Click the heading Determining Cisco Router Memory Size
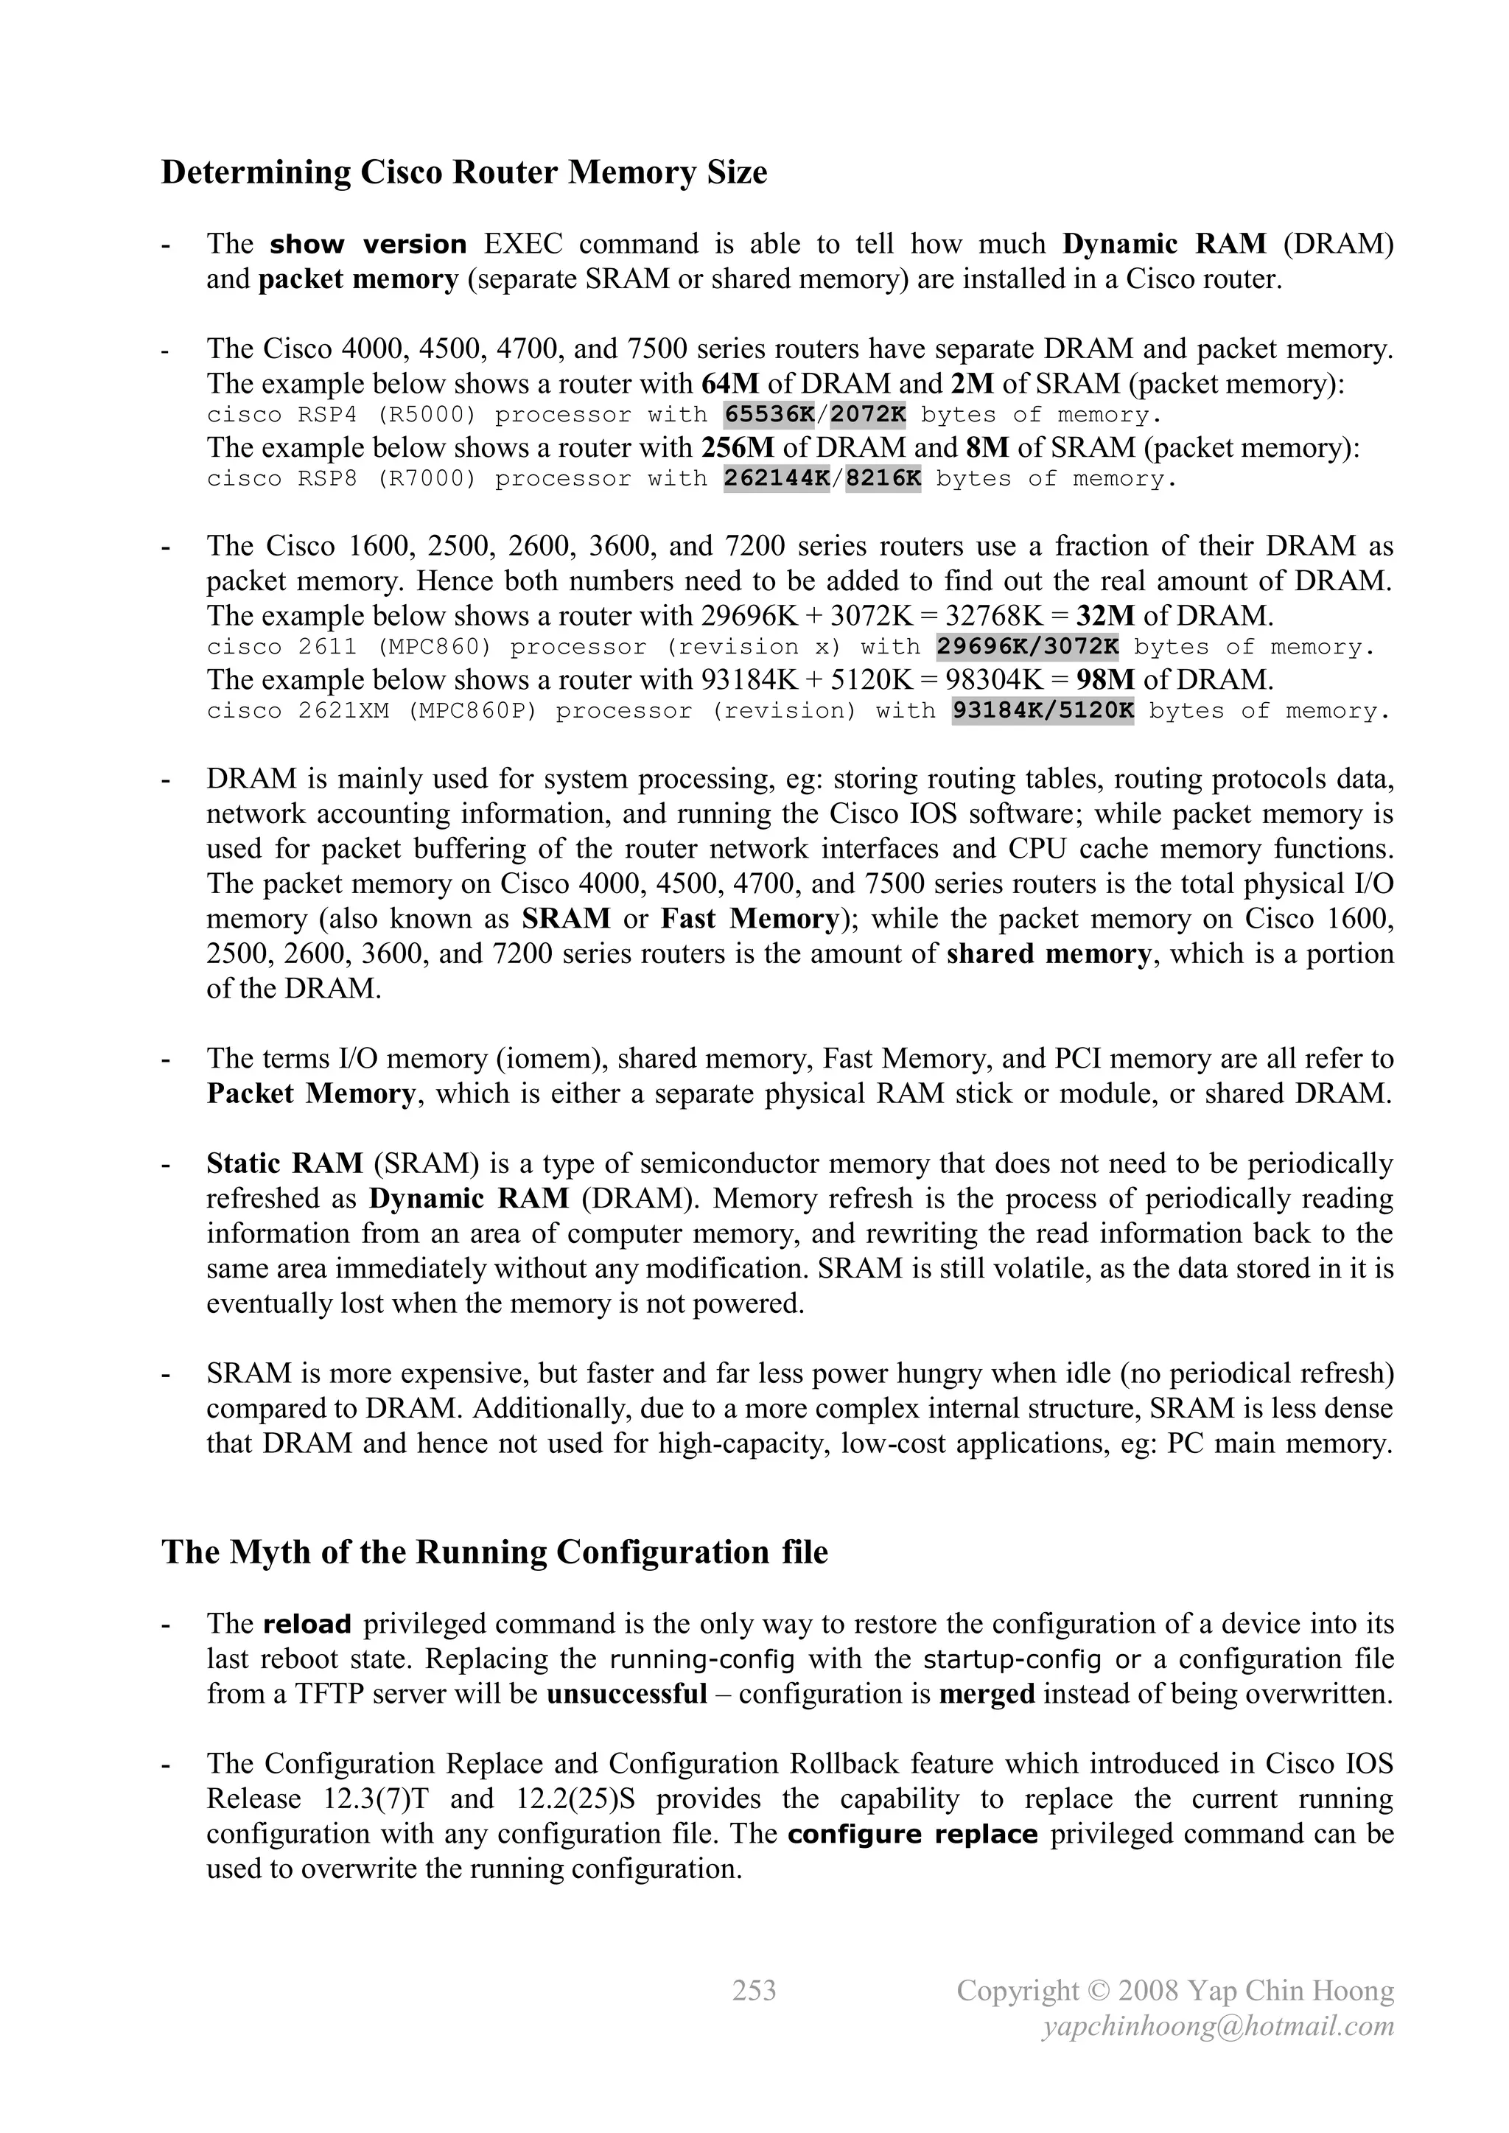click(463, 173)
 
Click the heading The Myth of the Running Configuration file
click(494, 1552)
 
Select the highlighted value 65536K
click(768, 414)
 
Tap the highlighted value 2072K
click(868, 414)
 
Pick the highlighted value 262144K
click(776, 478)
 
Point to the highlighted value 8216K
click(883, 478)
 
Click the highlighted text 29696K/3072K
click(1026, 647)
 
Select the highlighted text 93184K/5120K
click(1043, 711)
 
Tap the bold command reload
click(307, 1625)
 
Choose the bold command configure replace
click(912, 1835)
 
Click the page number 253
click(754, 1991)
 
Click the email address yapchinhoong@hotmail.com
click(1218, 2026)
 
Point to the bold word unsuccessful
click(627, 1694)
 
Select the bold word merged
click(987, 1694)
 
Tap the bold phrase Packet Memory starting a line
click(311, 1094)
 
